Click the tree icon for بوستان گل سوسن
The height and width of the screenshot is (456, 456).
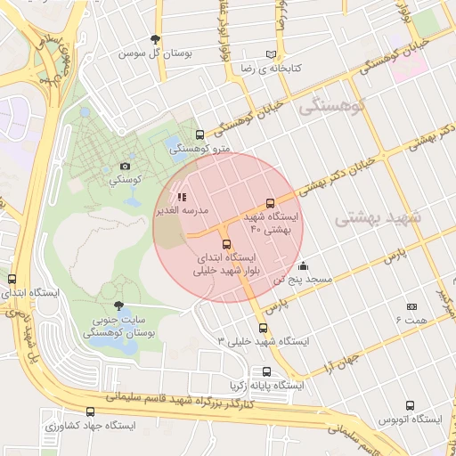click(x=157, y=39)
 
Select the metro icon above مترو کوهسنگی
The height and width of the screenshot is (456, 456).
click(x=199, y=134)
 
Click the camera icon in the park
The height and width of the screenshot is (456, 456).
click(x=126, y=167)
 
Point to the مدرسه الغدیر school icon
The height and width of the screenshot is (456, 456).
click(x=182, y=196)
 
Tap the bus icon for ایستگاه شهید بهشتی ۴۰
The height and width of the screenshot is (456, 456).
click(x=271, y=204)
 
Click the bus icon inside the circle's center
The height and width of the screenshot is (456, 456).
click(x=225, y=244)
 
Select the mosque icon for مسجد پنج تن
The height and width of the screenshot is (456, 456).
click(x=303, y=265)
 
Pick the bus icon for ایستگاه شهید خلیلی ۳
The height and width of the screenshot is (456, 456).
click(x=262, y=328)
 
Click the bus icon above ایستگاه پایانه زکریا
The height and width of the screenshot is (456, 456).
click(x=266, y=371)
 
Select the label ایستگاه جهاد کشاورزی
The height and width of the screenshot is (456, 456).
click(x=95, y=426)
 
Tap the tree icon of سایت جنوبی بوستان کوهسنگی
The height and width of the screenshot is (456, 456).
click(x=119, y=305)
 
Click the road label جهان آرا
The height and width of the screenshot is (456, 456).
click(x=343, y=361)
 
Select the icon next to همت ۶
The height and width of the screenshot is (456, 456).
click(x=411, y=305)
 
